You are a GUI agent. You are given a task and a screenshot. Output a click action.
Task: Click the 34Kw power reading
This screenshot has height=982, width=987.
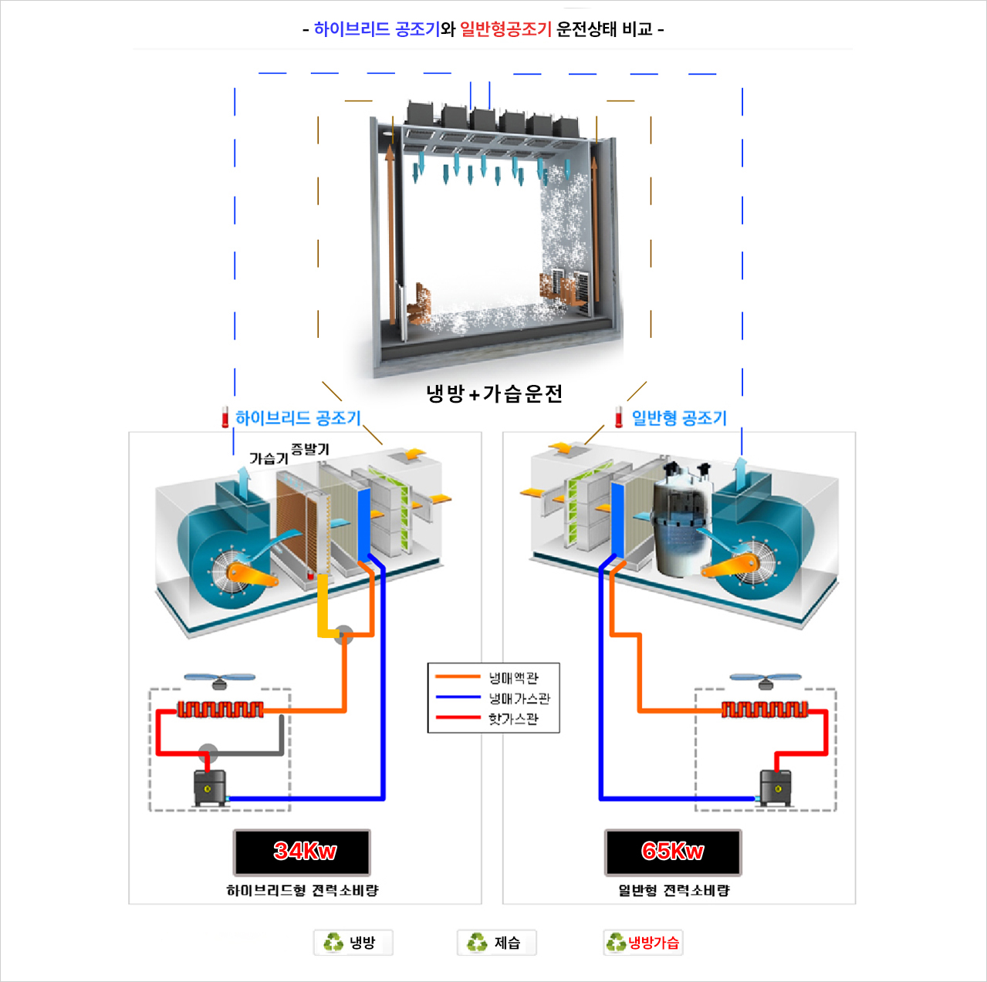(303, 852)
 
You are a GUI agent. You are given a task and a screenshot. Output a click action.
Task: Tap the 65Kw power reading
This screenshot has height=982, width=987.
(673, 852)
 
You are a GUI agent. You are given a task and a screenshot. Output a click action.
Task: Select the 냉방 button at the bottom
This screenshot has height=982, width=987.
(353, 943)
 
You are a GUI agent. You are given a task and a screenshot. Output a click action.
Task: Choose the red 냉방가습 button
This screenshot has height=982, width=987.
(644, 943)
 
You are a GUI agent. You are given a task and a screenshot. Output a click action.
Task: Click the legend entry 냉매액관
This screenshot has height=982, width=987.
(512, 678)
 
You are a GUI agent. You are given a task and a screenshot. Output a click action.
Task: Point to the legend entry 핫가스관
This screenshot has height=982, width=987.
(512, 719)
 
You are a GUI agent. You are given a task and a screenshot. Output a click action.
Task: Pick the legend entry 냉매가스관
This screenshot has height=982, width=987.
(519, 699)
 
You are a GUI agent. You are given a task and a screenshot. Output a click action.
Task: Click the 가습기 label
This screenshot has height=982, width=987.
(269, 458)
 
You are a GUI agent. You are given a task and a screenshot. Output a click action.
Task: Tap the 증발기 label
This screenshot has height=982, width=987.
(310, 449)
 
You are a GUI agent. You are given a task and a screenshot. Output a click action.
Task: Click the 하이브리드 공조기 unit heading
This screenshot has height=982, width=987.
(298, 418)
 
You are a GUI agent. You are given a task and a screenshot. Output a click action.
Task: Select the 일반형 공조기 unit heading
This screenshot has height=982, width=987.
(679, 418)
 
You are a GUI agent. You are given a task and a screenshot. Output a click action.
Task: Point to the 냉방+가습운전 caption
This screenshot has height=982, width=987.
(495, 394)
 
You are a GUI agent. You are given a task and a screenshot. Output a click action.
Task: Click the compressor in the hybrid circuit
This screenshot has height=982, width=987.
(210, 787)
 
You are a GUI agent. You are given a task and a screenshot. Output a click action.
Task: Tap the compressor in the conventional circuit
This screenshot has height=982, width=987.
(775, 787)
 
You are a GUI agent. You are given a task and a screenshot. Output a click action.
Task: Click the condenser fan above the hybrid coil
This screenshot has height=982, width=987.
(220, 680)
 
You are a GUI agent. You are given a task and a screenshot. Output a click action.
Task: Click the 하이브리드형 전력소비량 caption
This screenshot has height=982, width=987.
(303, 890)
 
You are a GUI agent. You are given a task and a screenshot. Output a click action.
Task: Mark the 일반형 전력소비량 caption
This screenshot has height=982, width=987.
(674, 890)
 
